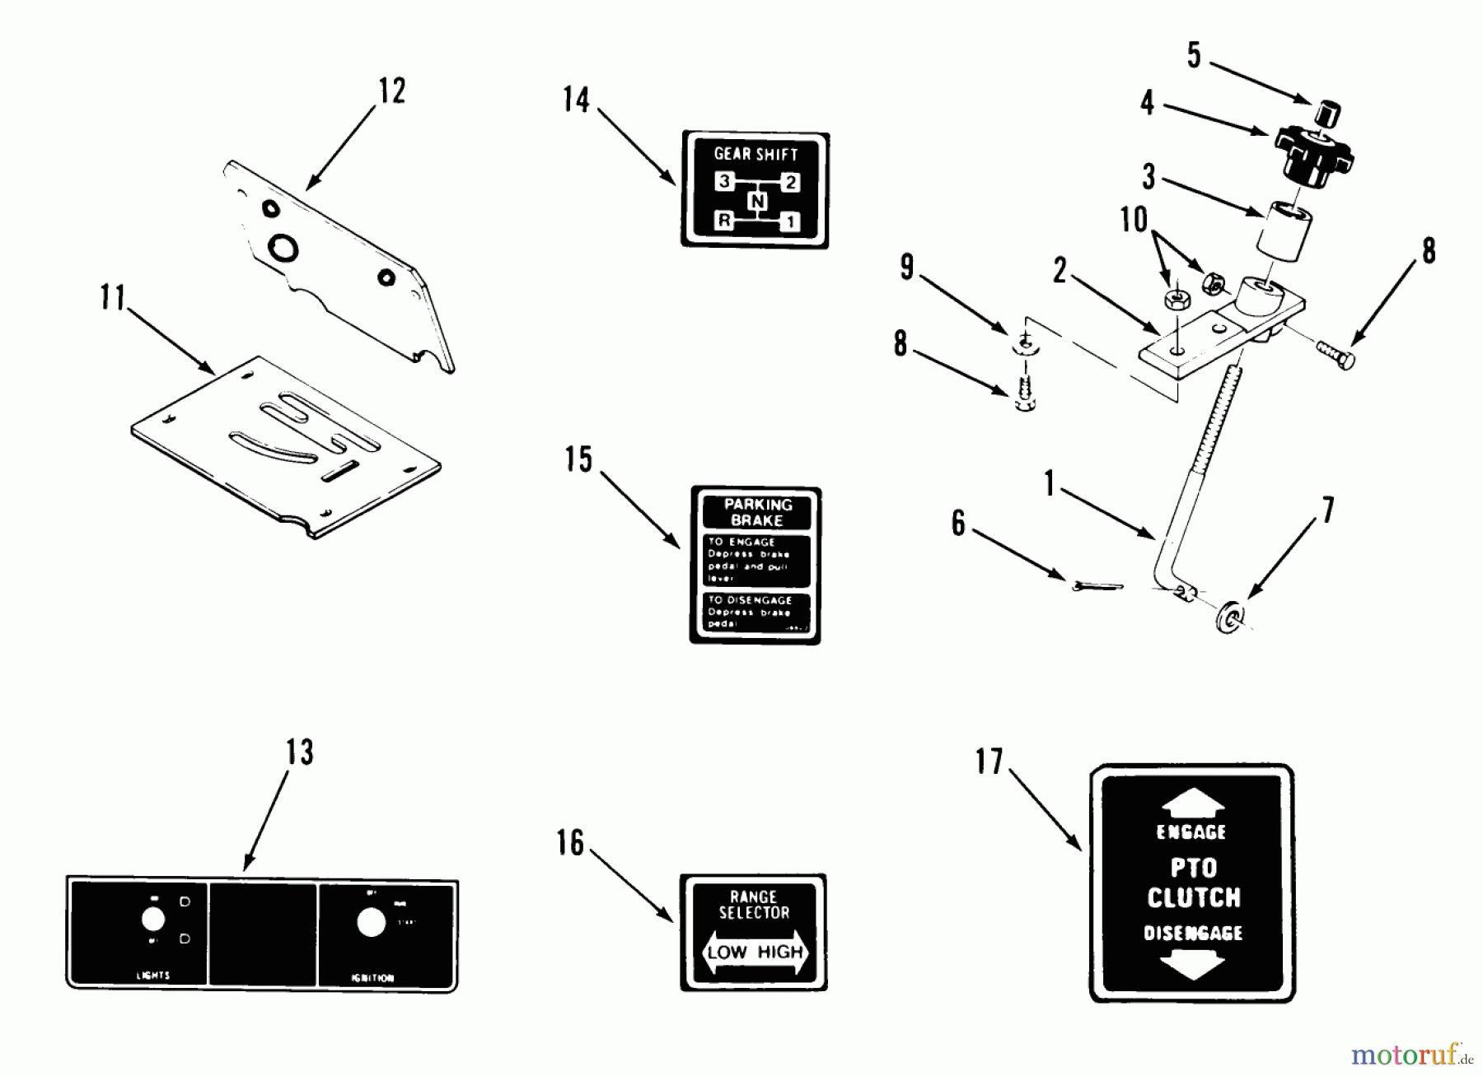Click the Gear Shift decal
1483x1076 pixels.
click(755, 189)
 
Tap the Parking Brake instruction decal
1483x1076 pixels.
click(755, 565)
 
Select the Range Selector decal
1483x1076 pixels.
click(753, 932)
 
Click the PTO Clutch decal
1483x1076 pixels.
click(1192, 883)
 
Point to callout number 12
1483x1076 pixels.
click(392, 91)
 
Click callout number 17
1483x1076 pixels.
click(989, 762)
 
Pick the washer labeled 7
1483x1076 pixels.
click(1230, 618)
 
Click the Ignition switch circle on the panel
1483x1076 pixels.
click(372, 924)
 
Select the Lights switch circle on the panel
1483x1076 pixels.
click(153, 919)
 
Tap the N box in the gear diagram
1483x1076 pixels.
click(757, 202)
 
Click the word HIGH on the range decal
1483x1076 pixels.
click(779, 953)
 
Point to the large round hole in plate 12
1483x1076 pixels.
click(284, 247)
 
